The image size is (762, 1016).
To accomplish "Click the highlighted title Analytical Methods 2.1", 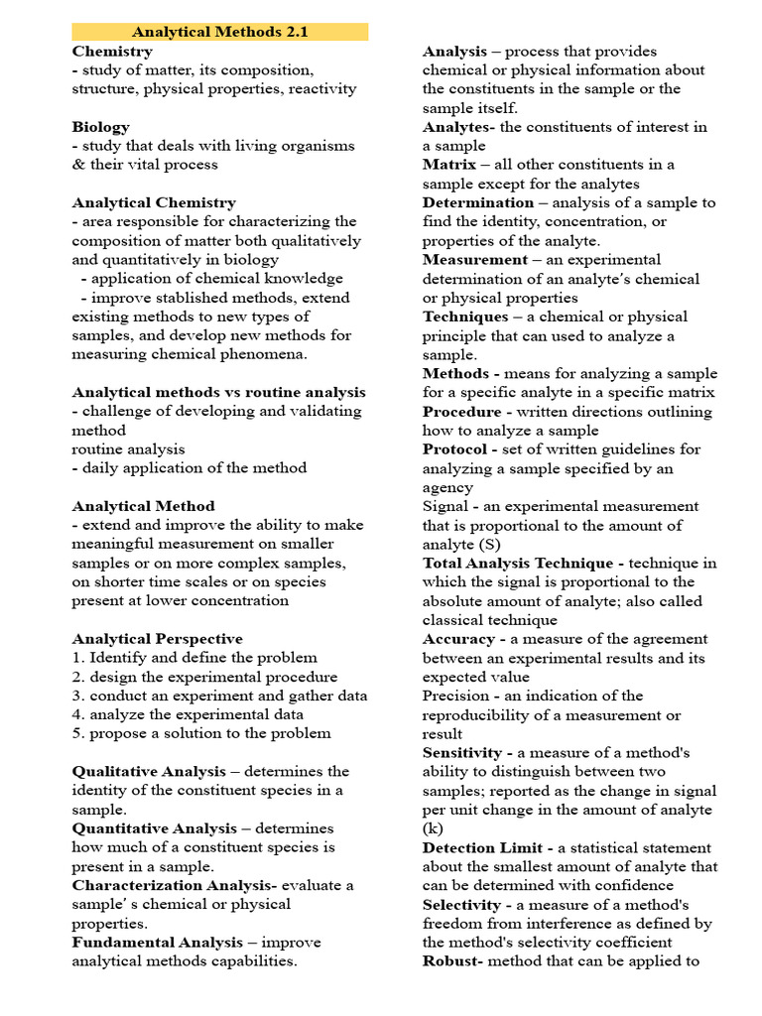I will (x=220, y=32).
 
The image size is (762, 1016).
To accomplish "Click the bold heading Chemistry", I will (x=112, y=51).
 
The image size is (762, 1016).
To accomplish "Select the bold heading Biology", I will (x=100, y=127).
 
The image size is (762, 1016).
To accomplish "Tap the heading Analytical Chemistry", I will (x=154, y=202).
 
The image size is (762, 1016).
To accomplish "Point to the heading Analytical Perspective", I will (x=157, y=639).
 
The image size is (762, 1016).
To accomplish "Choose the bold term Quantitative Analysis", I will (x=154, y=828).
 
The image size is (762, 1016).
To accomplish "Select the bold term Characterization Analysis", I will (x=175, y=885).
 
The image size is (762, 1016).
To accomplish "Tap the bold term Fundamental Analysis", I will (x=157, y=942).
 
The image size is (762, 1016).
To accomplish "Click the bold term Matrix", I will (x=449, y=165).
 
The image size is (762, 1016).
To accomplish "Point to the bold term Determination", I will (x=478, y=202).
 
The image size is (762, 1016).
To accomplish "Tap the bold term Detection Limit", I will (x=481, y=847).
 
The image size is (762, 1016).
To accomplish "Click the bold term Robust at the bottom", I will (x=451, y=961).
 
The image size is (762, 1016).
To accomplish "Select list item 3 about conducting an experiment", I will (x=219, y=696).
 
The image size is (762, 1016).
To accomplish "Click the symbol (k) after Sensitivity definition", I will (x=433, y=828).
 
